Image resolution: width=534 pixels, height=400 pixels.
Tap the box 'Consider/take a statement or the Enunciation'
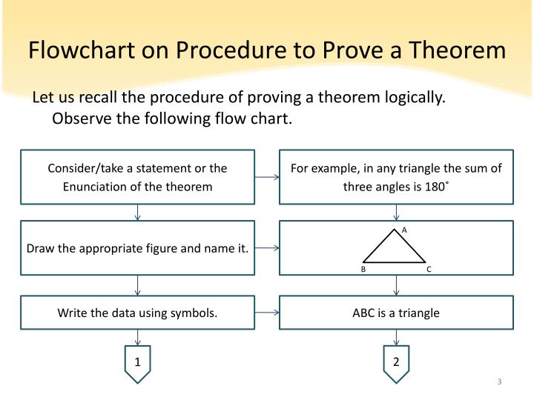point(138,177)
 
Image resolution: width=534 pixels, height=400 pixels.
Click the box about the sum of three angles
point(396,177)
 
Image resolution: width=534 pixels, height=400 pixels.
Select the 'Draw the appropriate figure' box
point(138,248)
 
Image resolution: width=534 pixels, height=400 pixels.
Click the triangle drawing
point(395,249)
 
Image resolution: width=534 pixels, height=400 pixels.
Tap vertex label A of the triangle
point(404,230)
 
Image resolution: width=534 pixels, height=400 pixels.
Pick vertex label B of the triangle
point(363,270)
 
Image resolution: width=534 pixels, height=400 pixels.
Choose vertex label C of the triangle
point(429,270)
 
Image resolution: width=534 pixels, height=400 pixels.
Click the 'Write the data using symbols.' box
point(138,313)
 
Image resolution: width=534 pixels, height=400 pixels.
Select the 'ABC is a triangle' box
point(396,313)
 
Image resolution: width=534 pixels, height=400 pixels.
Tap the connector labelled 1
point(137,363)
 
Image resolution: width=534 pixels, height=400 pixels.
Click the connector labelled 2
point(396,363)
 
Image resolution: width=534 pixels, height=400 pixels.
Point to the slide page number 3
point(500,382)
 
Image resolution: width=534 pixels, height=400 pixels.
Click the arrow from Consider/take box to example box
point(267,178)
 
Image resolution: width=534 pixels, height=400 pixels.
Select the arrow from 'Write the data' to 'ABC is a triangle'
point(267,313)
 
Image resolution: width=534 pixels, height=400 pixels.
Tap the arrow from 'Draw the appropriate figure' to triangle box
point(267,248)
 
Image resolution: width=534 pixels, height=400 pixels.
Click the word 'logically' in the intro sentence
point(412,99)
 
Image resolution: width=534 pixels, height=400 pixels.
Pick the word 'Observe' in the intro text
point(79,119)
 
